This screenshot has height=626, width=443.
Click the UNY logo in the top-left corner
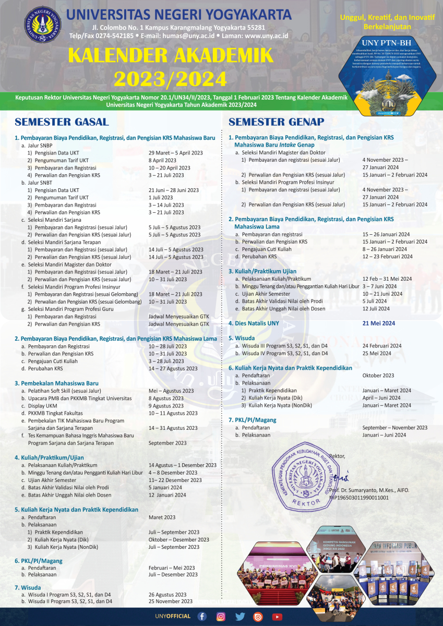tap(42, 23)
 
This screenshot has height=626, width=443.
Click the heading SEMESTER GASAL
tap(62, 122)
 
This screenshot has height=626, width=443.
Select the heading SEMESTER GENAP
tap(276, 122)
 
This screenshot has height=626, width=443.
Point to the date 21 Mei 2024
tap(378, 323)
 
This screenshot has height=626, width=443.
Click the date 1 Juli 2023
tap(160, 198)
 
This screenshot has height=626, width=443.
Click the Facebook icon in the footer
tap(202, 617)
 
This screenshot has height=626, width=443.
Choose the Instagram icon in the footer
tap(221, 617)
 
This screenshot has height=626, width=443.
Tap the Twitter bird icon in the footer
tap(240, 617)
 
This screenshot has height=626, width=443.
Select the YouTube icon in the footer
tap(277, 617)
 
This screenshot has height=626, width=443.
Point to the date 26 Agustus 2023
tap(167, 594)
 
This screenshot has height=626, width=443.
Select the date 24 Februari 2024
tap(381, 346)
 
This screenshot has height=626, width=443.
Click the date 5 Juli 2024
tap(375, 301)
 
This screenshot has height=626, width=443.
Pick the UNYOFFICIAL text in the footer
tap(173, 617)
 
